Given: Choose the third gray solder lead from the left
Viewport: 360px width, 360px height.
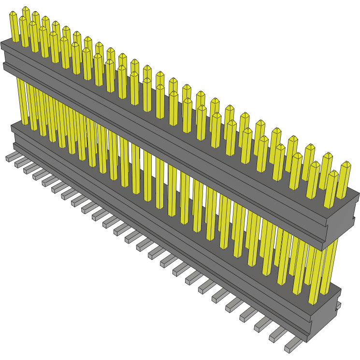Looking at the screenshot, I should click(30, 169).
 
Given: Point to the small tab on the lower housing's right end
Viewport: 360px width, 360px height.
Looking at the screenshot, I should click(339, 305).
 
